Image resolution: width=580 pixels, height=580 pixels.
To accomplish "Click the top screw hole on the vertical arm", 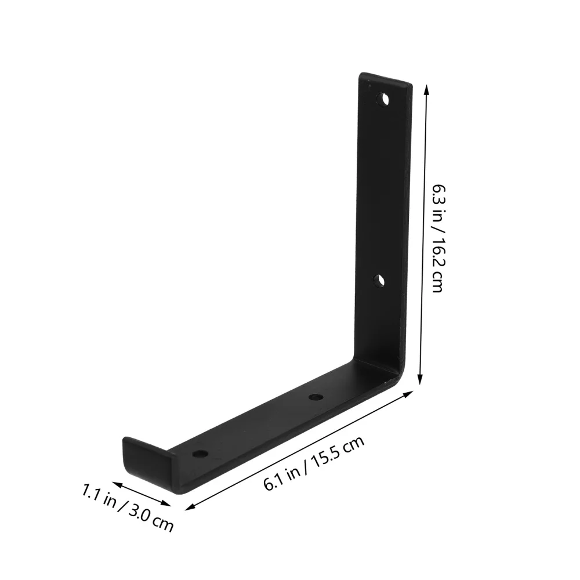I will coord(383,99).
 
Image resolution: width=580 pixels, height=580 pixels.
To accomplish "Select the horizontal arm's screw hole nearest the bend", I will coord(316,397).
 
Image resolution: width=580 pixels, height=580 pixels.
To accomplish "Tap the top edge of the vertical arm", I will coord(386,79).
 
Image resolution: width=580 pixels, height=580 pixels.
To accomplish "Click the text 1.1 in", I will coord(99,494).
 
